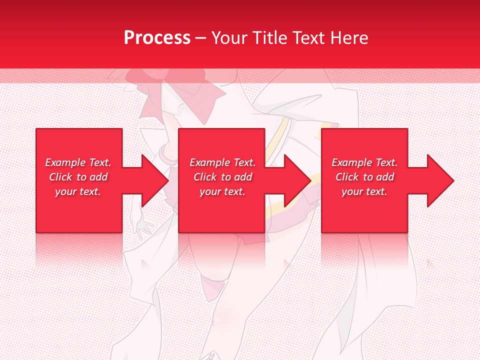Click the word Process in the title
tap(157, 38)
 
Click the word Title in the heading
tap(270, 38)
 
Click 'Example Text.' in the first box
tap(78, 162)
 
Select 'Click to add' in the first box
tap(78, 177)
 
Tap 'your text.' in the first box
tap(78, 191)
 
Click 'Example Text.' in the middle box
tap(222, 162)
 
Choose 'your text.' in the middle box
tap(222, 191)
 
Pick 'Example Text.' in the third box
tap(364, 162)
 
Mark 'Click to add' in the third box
tap(364, 177)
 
